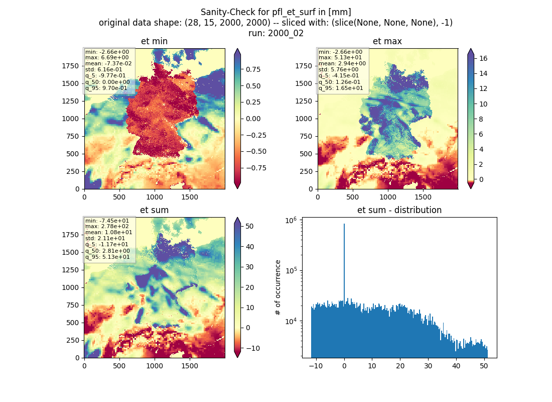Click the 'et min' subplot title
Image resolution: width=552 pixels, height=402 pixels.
(154, 41)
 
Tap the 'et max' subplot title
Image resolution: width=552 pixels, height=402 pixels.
(387, 41)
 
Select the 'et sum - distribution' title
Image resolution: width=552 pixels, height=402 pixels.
(399, 210)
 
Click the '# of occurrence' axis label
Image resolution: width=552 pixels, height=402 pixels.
(278, 288)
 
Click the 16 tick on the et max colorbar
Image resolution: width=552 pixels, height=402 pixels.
(483, 58)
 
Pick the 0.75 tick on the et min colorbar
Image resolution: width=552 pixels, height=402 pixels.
(253, 69)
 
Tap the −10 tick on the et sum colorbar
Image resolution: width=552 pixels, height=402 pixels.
(252, 348)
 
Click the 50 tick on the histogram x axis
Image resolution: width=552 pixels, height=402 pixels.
(484, 366)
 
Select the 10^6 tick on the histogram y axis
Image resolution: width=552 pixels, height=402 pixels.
(291, 221)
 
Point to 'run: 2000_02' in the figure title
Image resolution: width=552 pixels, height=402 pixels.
(275, 33)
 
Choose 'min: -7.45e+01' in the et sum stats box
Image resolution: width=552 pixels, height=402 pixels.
(107, 221)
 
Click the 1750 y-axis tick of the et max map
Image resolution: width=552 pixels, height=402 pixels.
(304, 66)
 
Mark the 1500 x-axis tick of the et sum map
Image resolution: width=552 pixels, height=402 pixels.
(189, 366)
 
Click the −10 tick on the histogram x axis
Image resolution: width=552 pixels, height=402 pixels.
(316, 366)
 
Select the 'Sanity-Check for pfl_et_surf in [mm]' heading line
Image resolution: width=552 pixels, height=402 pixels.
(275, 12)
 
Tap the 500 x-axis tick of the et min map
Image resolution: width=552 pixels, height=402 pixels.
(119, 197)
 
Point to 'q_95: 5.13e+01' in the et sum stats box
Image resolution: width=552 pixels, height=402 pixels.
(107, 257)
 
